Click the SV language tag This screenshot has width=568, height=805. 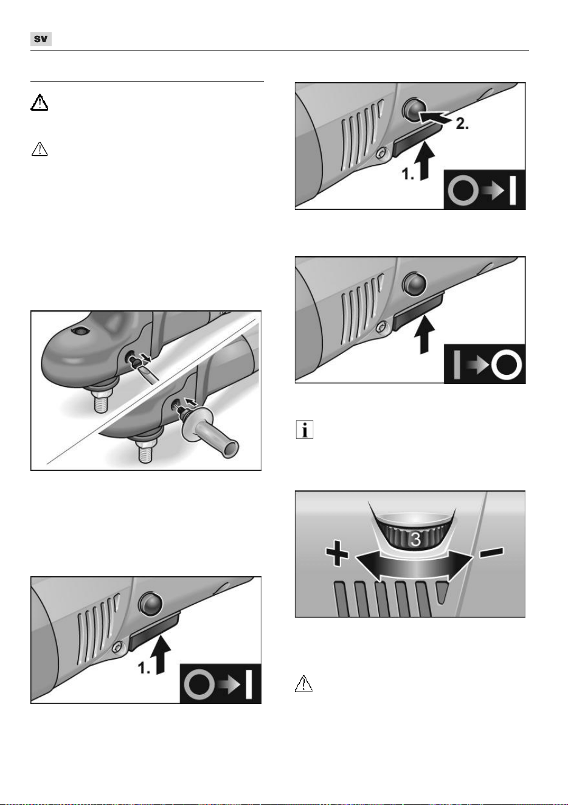41,39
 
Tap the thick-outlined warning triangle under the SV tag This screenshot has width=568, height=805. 39,102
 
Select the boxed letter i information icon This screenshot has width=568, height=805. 305,429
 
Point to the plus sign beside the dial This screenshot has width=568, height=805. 337,556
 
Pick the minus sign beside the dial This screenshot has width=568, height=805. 492,552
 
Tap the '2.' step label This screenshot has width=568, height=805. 462,124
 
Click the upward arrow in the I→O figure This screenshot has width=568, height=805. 424,334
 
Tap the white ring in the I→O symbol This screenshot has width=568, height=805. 507,364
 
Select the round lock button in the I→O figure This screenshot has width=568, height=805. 415,283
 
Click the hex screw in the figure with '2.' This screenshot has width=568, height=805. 381,154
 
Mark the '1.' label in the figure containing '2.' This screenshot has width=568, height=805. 408,174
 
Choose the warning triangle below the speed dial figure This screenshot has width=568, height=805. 303,683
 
